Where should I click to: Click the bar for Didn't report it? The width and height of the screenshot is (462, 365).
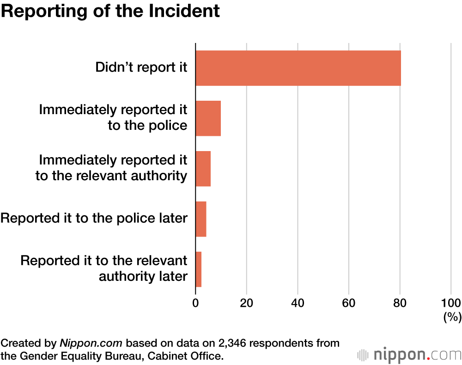pyautogui.click(x=298, y=68)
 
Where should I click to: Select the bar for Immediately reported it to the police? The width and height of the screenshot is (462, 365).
pyautogui.click(x=208, y=118)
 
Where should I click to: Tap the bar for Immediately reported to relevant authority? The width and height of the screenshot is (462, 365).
pyautogui.click(x=203, y=169)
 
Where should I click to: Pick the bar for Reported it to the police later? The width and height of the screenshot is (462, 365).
pyautogui.click(x=201, y=219)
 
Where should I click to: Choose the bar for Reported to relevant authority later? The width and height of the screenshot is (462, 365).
pyautogui.click(x=198, y=269)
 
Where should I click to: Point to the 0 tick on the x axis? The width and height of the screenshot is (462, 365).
pyautogui.click(x=195, y=303)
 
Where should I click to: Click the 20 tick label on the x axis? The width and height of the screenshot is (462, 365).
pyautogui.click(x=247, y=303)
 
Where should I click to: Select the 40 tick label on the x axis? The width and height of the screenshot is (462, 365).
pyautogui.click(x=298, y=303)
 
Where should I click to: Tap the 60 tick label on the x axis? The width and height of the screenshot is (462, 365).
pyautogui.click(x=349, y=303)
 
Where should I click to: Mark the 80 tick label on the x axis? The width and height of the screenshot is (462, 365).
pyautogui.click(x=400, y=303)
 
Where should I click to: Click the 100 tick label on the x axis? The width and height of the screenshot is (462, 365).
pyautogui.click(x=451, y=303)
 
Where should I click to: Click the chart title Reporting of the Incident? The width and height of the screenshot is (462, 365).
pyautogui.click(x=110, y=12)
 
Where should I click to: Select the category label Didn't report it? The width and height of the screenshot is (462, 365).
pyautogui.click(x=141, y=67)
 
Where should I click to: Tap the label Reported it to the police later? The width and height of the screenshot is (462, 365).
pyautogui.click(x=94, y=218)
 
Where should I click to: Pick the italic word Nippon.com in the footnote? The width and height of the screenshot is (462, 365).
pyautogui.click(x=91, y=343)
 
